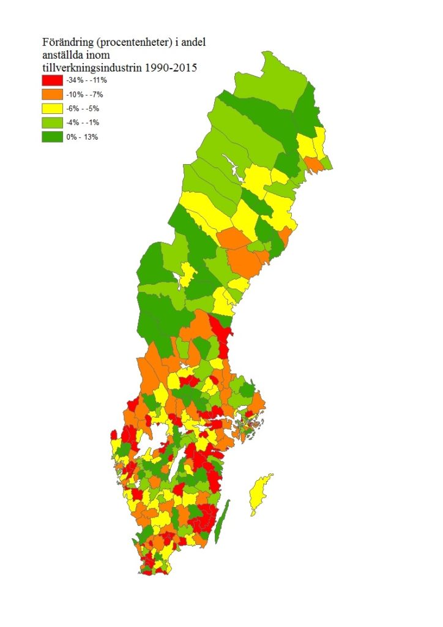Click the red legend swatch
point(52,80)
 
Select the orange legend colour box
point(52,94)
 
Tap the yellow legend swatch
point(52,108)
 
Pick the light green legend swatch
point(52,122)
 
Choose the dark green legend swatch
point(52,137)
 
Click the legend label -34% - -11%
point(87,80)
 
